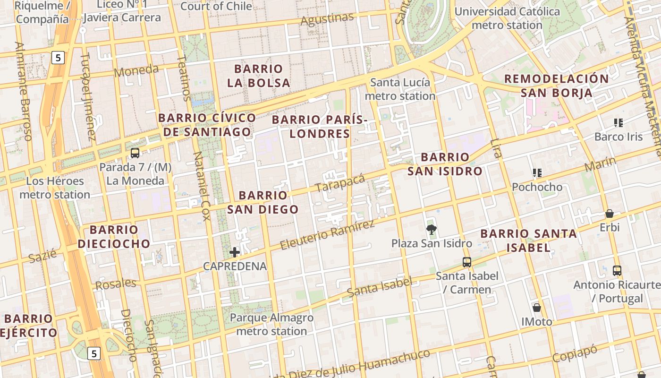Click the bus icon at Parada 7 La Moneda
(135, 153)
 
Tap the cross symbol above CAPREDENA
(235, 252)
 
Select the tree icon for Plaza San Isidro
(431, 230)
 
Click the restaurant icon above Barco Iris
(618, 123)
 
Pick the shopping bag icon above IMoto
(536, 308)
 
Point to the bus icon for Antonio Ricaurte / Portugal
(617, 271)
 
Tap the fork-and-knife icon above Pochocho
(537, 173)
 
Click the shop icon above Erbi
(610, 214)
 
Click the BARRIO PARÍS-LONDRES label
(320, 127)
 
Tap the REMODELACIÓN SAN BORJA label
(556, 86)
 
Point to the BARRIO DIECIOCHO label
(114, 237)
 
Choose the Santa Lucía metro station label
(400, 89)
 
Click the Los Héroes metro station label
(55, 188)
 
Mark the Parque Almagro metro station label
(271, 324)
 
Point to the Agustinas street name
(327, 19)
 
